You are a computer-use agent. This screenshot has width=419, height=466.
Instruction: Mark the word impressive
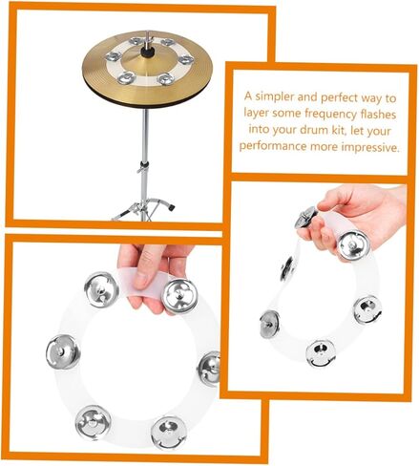click(372, 150)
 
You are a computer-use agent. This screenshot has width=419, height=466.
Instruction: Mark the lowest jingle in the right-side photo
click(316, 353)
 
